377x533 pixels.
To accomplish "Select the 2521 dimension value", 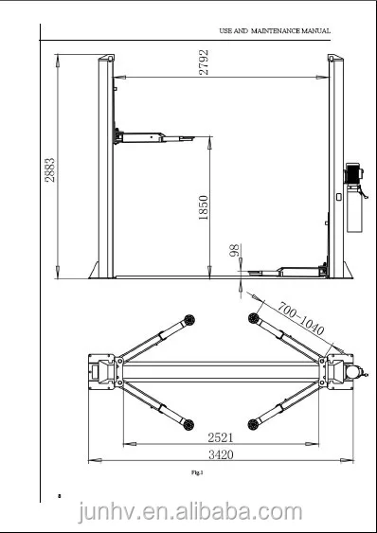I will (x=221, y=437).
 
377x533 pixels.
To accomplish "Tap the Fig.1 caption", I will (x=198, y=471).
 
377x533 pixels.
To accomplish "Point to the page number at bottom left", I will (x=58, y=495).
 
